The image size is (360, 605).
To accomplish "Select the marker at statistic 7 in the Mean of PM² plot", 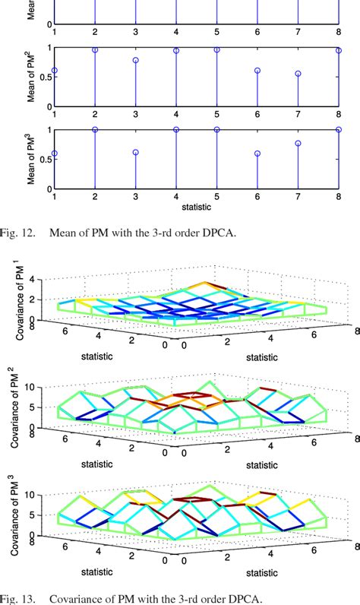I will point(298,74).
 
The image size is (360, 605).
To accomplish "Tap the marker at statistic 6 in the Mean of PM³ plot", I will point(257,154).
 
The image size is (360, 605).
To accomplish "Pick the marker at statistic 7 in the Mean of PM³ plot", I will point(298,143).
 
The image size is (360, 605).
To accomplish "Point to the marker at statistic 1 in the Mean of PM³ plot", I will point(55,154).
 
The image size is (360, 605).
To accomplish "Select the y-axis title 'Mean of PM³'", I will point(31,159).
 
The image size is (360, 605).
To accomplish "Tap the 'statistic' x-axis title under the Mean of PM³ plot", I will point(196,207).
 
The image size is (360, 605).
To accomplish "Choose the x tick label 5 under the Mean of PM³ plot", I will point(216,196).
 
